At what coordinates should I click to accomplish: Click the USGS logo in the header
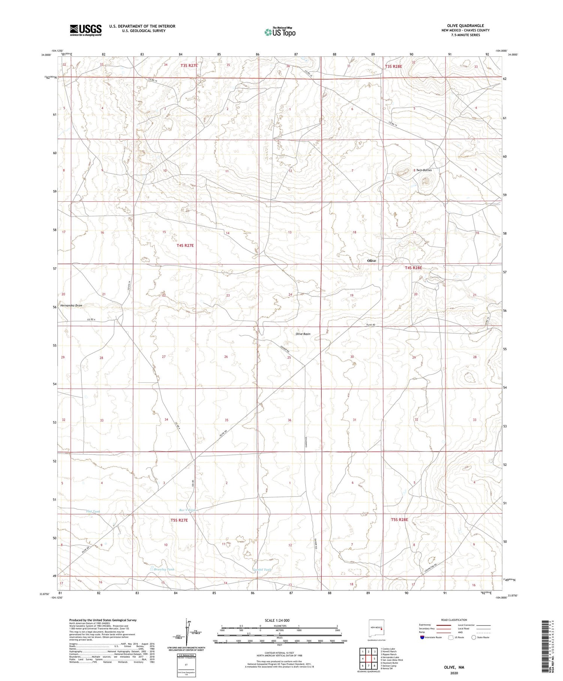tap(86, 30)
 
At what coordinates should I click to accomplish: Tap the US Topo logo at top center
tap(280, 32)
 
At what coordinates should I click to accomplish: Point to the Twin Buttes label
tap(424, 170)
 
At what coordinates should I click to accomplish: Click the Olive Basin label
tap(303, 334)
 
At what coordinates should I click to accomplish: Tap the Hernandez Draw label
tap(71, 306)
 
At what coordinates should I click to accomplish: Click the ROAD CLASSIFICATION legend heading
tap(454, 620)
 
